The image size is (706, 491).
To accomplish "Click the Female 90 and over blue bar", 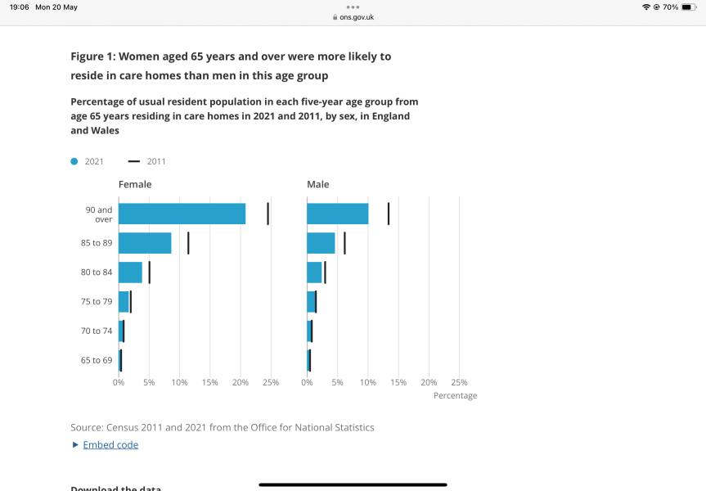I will pos(182,214).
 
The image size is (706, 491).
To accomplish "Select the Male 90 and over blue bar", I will pos(337,214).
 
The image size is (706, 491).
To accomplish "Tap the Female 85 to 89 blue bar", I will pos(145,243).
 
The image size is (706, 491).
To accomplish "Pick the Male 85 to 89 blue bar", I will pos(321,243).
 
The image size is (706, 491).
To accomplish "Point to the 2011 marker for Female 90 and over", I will pos(268,214).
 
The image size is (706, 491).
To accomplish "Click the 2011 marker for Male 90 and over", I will pos(388,214).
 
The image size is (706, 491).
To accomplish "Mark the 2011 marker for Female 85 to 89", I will pos(188,243).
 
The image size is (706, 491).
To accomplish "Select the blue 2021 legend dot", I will pos(74,161).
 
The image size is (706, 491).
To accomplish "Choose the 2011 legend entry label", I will pos(156,161).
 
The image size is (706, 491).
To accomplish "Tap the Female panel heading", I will pos(135,184).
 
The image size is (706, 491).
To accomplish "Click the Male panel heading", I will pos(318,184).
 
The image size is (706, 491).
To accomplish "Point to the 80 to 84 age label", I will pos(97,273).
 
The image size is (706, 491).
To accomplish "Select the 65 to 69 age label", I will pos(97,360).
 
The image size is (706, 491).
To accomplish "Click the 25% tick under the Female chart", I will pos(271,382).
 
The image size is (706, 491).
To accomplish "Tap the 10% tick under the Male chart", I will pos(367,382).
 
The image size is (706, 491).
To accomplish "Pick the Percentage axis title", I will pos(455,396).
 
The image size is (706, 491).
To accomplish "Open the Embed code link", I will pos(110,445).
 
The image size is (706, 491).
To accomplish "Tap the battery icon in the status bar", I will pos(688,7).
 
